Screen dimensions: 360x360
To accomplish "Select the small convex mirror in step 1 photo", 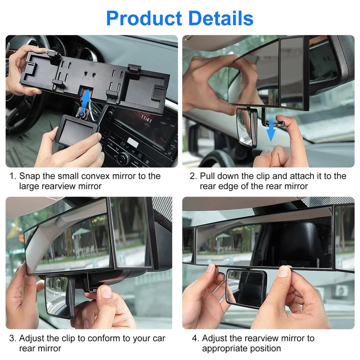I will tap(76, 130).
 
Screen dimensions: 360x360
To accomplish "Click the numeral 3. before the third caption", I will tap(13, 338).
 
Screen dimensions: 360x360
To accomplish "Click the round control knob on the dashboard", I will tap(123, 157).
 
